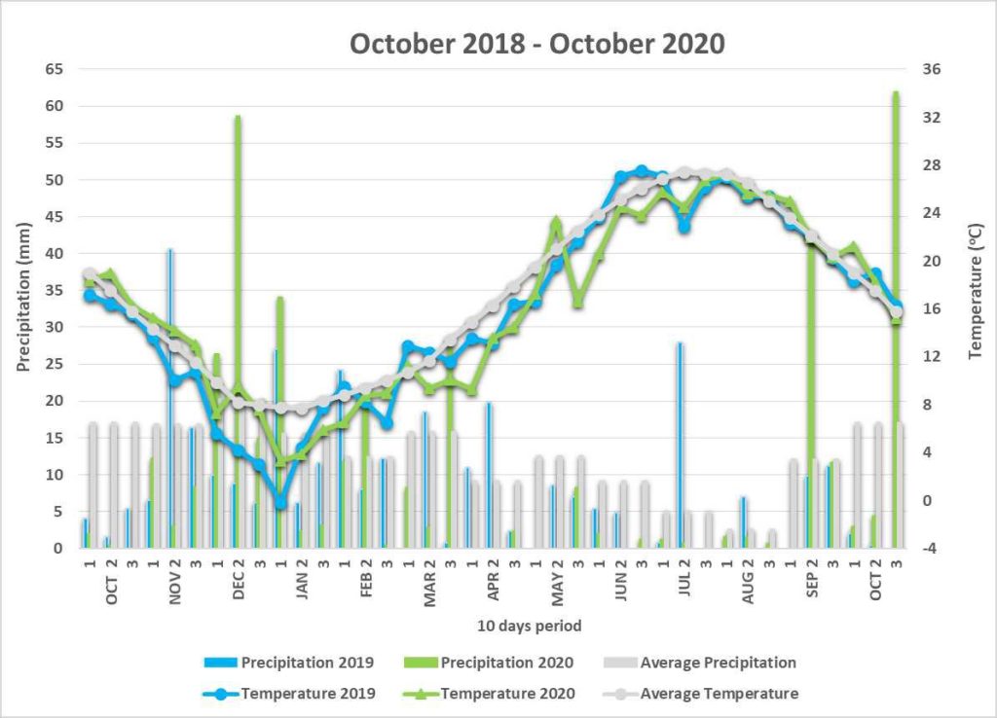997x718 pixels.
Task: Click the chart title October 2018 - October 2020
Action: point(537,45)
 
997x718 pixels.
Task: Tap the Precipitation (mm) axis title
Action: point(23,298)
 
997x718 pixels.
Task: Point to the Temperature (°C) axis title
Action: point(975,291)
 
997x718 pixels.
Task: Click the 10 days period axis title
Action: point(529,626)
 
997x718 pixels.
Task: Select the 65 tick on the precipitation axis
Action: point(55,69)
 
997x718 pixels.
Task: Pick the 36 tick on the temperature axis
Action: point(932,69)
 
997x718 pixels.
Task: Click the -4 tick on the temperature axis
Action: point(929,549)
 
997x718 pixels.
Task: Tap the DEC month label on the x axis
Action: point(239,586)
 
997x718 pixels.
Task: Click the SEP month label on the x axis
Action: point(812,585)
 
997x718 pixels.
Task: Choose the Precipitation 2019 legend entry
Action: point(288,663)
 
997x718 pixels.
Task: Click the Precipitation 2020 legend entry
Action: point(489,663)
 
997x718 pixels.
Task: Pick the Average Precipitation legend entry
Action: point(699,663)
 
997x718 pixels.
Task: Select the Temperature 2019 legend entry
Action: point(288,694)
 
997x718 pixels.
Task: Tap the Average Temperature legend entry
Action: point(700,694)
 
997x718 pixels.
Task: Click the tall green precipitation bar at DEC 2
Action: point(238,332)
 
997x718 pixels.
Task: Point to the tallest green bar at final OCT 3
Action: point(896,320)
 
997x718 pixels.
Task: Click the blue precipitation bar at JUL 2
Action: point(680,445)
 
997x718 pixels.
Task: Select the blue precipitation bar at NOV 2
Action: point(169,398)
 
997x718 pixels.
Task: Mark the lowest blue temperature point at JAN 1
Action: point(280,503)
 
